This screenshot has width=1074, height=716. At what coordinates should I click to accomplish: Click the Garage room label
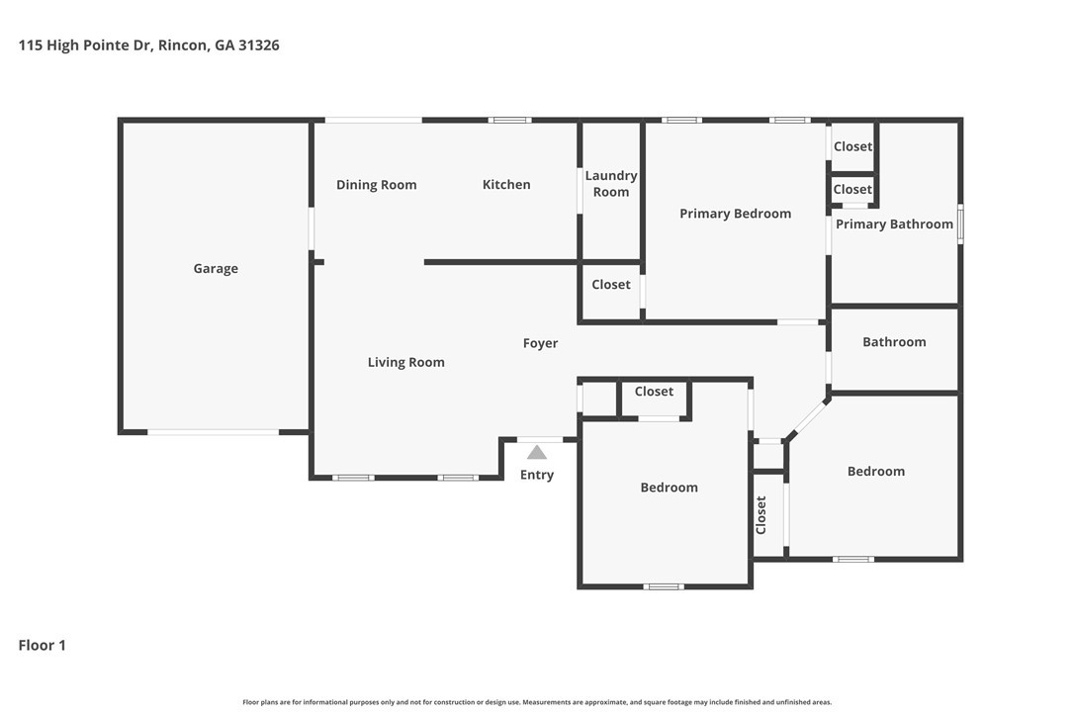click(x=216, y=269)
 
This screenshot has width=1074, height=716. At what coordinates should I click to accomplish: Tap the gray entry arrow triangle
click(x=537, y=452)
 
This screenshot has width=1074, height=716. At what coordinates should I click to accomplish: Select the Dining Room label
click(x=376, y=185)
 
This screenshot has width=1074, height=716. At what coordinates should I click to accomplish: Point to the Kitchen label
click(x=506, y=184)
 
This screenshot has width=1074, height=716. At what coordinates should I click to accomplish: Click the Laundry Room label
click(x=611, y=184)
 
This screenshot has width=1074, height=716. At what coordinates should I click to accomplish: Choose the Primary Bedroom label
click(x=735, y=214)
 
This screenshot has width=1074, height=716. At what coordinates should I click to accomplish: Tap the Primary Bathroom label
click(x=894, y=224)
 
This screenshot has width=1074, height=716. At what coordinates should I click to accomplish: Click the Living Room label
click(x=406, y=363)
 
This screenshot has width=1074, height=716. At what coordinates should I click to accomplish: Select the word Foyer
click(x=540, y=343)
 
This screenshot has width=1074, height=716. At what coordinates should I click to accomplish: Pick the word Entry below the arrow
click(x=537, y=475)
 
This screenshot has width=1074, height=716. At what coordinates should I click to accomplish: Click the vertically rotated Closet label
click(x=761, y=515)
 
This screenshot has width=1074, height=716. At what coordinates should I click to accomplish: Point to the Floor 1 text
click(x=42, y=646)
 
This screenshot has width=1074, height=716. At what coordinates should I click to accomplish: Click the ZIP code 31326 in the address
click(x=259, y=45)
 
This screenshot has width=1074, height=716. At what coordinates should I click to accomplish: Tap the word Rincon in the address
click(x=183, y=45)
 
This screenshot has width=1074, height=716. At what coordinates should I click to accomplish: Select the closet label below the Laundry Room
click(x=611, y=285)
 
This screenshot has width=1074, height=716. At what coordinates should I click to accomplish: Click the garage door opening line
click(x=213, y=432)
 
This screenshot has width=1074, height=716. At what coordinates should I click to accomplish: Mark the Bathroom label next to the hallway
click(x=894, y=342)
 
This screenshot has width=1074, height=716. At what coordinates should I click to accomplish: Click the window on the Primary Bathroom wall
click(x=960, y=224)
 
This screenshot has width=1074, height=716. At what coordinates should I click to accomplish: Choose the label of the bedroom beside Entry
click(x=670, y=488)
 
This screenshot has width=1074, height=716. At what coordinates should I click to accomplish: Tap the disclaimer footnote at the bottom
click(x=537, y=702)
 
